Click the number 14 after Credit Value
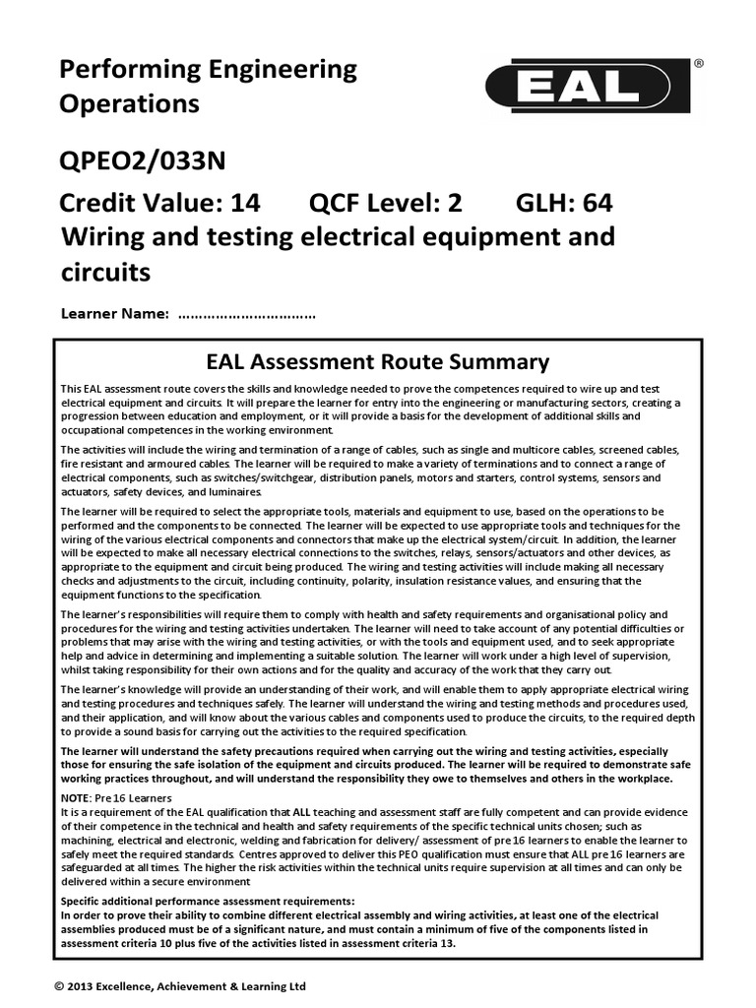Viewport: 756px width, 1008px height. pyautogui.click(x=245, y=204)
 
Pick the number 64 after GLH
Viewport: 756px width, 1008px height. pyautogui.click(x=598, y=204)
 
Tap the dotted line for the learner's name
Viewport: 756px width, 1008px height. pyautogui.click(x=247, y=315)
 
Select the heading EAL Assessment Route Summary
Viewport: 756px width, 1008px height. pyautogui.click(x=377, y=361)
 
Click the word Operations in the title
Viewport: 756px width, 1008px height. pyautogui.click(x=130, y=103)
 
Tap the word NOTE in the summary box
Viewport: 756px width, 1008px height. pyautogui.click(x=77, y=796)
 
